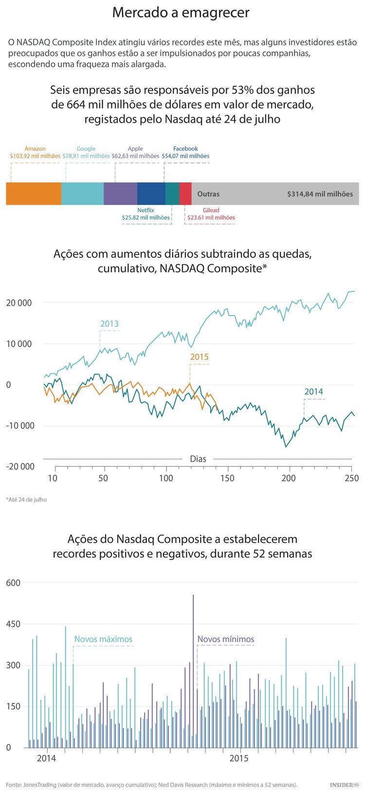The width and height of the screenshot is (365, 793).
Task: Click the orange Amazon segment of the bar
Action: pyautogui.click(x=34, y=194)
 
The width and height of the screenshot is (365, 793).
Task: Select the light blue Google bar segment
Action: pyautogui.click(x=82, y=194)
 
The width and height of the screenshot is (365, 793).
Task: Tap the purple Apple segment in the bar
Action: pyautogui.click(x=120, y=194)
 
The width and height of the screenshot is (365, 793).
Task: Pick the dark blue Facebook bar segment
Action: pyautogui.click(x=151, y=194)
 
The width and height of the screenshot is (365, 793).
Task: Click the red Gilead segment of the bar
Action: pyautogui.click(x=185, y=194)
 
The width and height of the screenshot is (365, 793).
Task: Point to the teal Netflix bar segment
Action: pyautogui.click(x=172, y=194)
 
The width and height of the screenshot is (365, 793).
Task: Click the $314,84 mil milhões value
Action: pyautogui.click(x=320, y=194)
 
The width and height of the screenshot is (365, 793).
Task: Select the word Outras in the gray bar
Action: pyautogui.click(x=208, y=194)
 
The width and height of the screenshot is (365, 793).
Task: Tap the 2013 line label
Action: pyautogui.click(x=109, y=324)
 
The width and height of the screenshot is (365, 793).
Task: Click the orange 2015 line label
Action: pyautogui.click(x=199, y=357)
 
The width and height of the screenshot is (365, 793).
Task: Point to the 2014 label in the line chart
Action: pyautogui.click(x=313, y=392)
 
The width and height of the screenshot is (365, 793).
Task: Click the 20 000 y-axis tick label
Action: pyautogui.click(x=19, y=303)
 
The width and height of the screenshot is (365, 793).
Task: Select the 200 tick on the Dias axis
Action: pyautogui.click(x=289, y=478)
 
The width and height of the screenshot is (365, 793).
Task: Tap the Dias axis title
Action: pyautogui.click(x=198, y=459)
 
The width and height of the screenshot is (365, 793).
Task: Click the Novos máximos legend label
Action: pyautogui.click(x=103, y=639)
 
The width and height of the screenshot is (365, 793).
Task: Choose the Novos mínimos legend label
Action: pyautogui.click(x=225, y=639)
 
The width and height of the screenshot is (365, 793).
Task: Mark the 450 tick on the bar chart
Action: pyautogui.click(x=14, y=624)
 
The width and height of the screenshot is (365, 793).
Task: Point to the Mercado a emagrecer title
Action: pyautogui.click(x=181, y=13)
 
